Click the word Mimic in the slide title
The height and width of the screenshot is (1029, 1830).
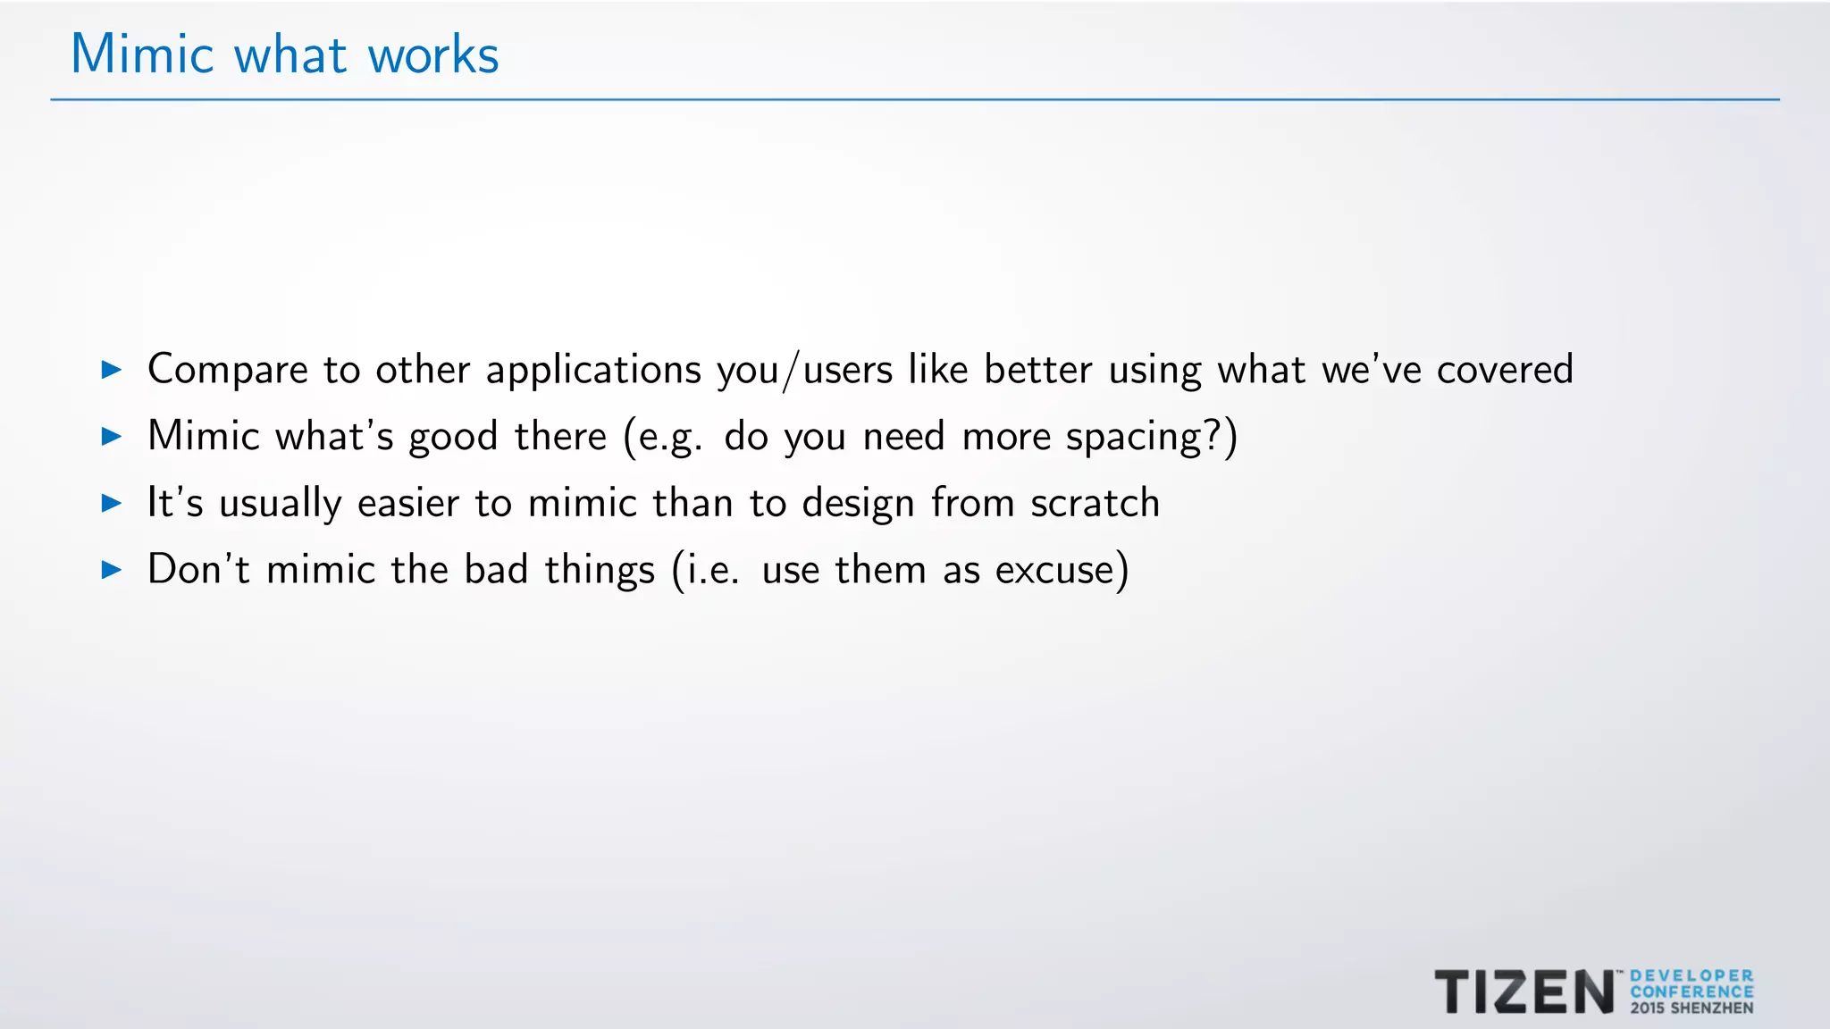142,54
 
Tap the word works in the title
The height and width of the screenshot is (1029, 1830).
432,55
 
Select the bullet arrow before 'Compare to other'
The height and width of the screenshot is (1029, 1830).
112,369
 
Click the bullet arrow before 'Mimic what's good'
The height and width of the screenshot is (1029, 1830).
112,436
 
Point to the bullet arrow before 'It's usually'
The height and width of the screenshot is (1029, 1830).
112,503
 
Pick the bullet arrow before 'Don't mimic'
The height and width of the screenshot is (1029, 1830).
112,569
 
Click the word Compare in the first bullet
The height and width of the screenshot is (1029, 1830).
228,370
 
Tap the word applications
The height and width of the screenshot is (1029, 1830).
593,370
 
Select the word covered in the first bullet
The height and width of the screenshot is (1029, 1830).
1505,370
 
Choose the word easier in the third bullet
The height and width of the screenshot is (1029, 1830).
407,503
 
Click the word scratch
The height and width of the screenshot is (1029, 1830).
1095,503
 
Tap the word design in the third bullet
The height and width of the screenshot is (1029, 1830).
858,504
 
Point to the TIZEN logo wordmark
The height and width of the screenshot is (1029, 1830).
1524,991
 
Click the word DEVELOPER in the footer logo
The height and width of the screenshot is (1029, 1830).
1691,976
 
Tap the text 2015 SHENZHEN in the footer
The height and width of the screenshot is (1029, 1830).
1691,1008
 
